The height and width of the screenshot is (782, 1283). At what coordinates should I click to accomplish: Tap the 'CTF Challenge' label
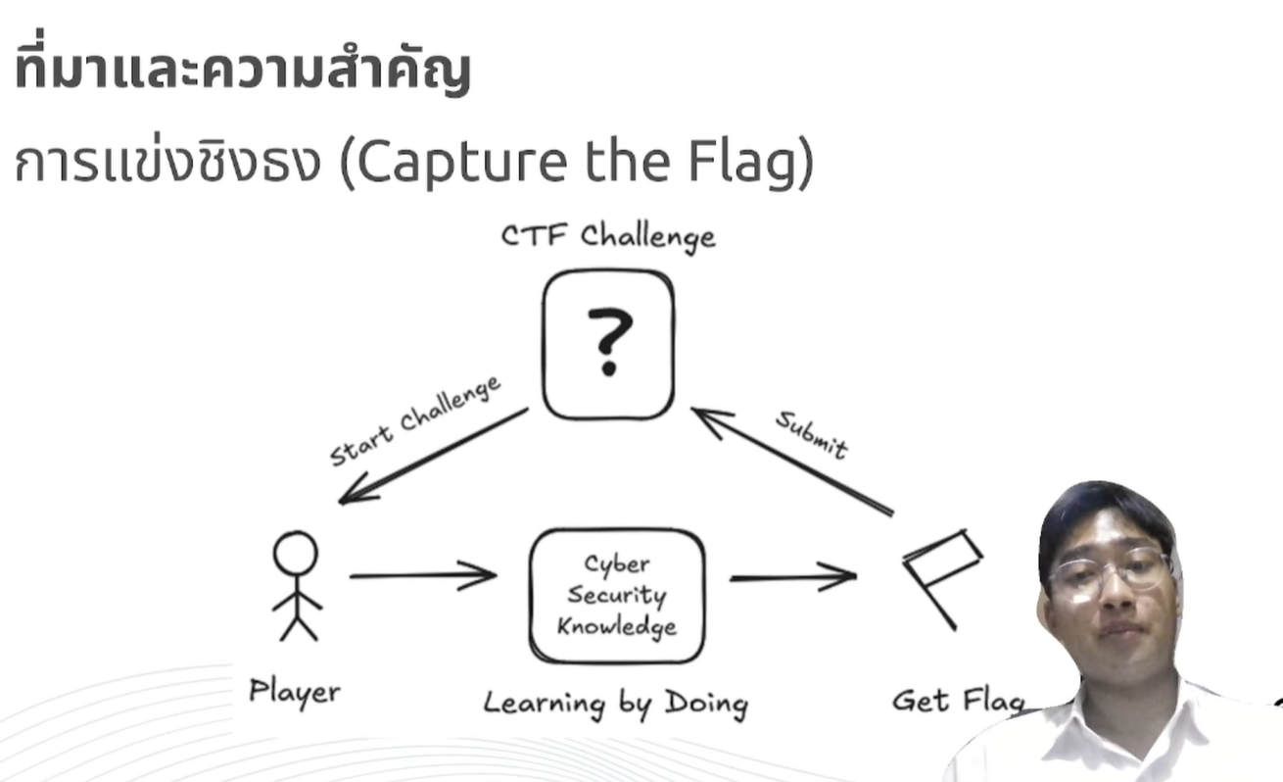click(608, 236)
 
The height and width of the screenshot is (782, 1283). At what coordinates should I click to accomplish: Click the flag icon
click(940, 574)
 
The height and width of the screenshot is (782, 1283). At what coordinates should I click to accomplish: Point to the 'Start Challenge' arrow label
click(415, 420)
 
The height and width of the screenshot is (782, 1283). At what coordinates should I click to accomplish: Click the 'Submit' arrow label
click(811, 434)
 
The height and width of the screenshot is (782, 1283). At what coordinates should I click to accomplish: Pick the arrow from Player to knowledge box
click(422, 575)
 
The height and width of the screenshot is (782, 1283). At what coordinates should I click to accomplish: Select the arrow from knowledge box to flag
click(792, 577)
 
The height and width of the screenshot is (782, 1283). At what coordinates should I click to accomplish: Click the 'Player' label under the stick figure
click(295, 692)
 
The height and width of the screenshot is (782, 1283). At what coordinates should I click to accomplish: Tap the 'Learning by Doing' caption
click(615, 703)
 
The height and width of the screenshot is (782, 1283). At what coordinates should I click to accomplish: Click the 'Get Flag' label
click(957, 700)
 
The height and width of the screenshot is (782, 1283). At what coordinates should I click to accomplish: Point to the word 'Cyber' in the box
click(616, 565)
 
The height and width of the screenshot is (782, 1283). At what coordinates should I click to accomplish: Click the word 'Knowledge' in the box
click(616, 626)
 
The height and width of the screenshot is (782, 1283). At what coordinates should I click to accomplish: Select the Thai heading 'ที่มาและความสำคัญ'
click(242, 72)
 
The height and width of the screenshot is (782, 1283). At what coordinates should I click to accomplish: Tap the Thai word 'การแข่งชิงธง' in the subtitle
click(167, 165)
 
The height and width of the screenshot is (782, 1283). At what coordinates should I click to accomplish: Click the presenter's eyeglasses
click(1110, 571)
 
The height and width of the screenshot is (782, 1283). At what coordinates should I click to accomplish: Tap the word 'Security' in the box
click(616, 596)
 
